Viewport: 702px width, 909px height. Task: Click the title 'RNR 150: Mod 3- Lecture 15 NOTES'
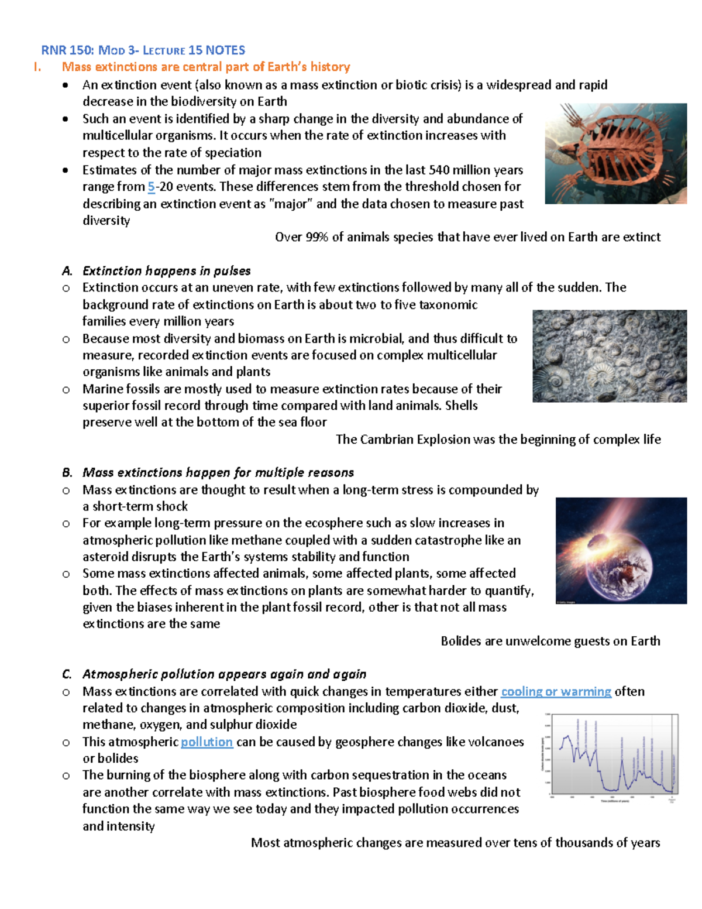coord(143,50)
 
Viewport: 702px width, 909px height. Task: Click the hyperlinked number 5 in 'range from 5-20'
coord(151,187)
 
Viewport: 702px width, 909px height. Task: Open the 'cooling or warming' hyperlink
coord(556,691)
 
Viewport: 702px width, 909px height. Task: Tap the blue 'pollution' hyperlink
coord(207,742)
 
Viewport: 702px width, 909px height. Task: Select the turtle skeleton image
coord(615,153)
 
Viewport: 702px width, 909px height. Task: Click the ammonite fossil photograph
coord(609,356)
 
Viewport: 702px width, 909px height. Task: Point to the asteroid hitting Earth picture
coord(621,550)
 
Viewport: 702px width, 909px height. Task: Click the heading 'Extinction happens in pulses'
coord(166,271)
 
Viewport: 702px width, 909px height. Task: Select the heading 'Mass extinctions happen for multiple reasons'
coord(218,472)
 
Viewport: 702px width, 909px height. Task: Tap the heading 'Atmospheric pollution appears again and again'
coord(224,674)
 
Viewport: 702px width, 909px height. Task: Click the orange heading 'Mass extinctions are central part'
coord(206,67)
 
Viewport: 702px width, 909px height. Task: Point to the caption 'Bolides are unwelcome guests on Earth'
coord(550,641)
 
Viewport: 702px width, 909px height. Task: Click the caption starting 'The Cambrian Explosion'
coord(498,440)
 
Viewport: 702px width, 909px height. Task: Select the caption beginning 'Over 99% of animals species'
coord(467,237)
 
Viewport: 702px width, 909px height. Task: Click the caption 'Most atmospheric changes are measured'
coord(455,842)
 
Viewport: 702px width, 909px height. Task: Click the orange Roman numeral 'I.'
coord(37,67)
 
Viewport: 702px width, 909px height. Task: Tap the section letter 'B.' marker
coord(67,472)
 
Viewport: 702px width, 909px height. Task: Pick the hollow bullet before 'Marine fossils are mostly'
coord(66,390)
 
